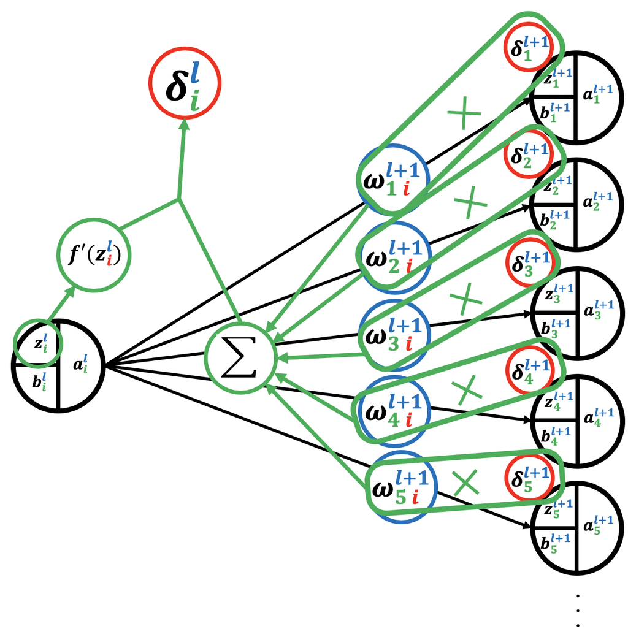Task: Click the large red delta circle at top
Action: pos(185,84)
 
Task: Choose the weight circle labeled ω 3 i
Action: pos(394,334)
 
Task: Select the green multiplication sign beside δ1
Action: pos(464,115)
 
